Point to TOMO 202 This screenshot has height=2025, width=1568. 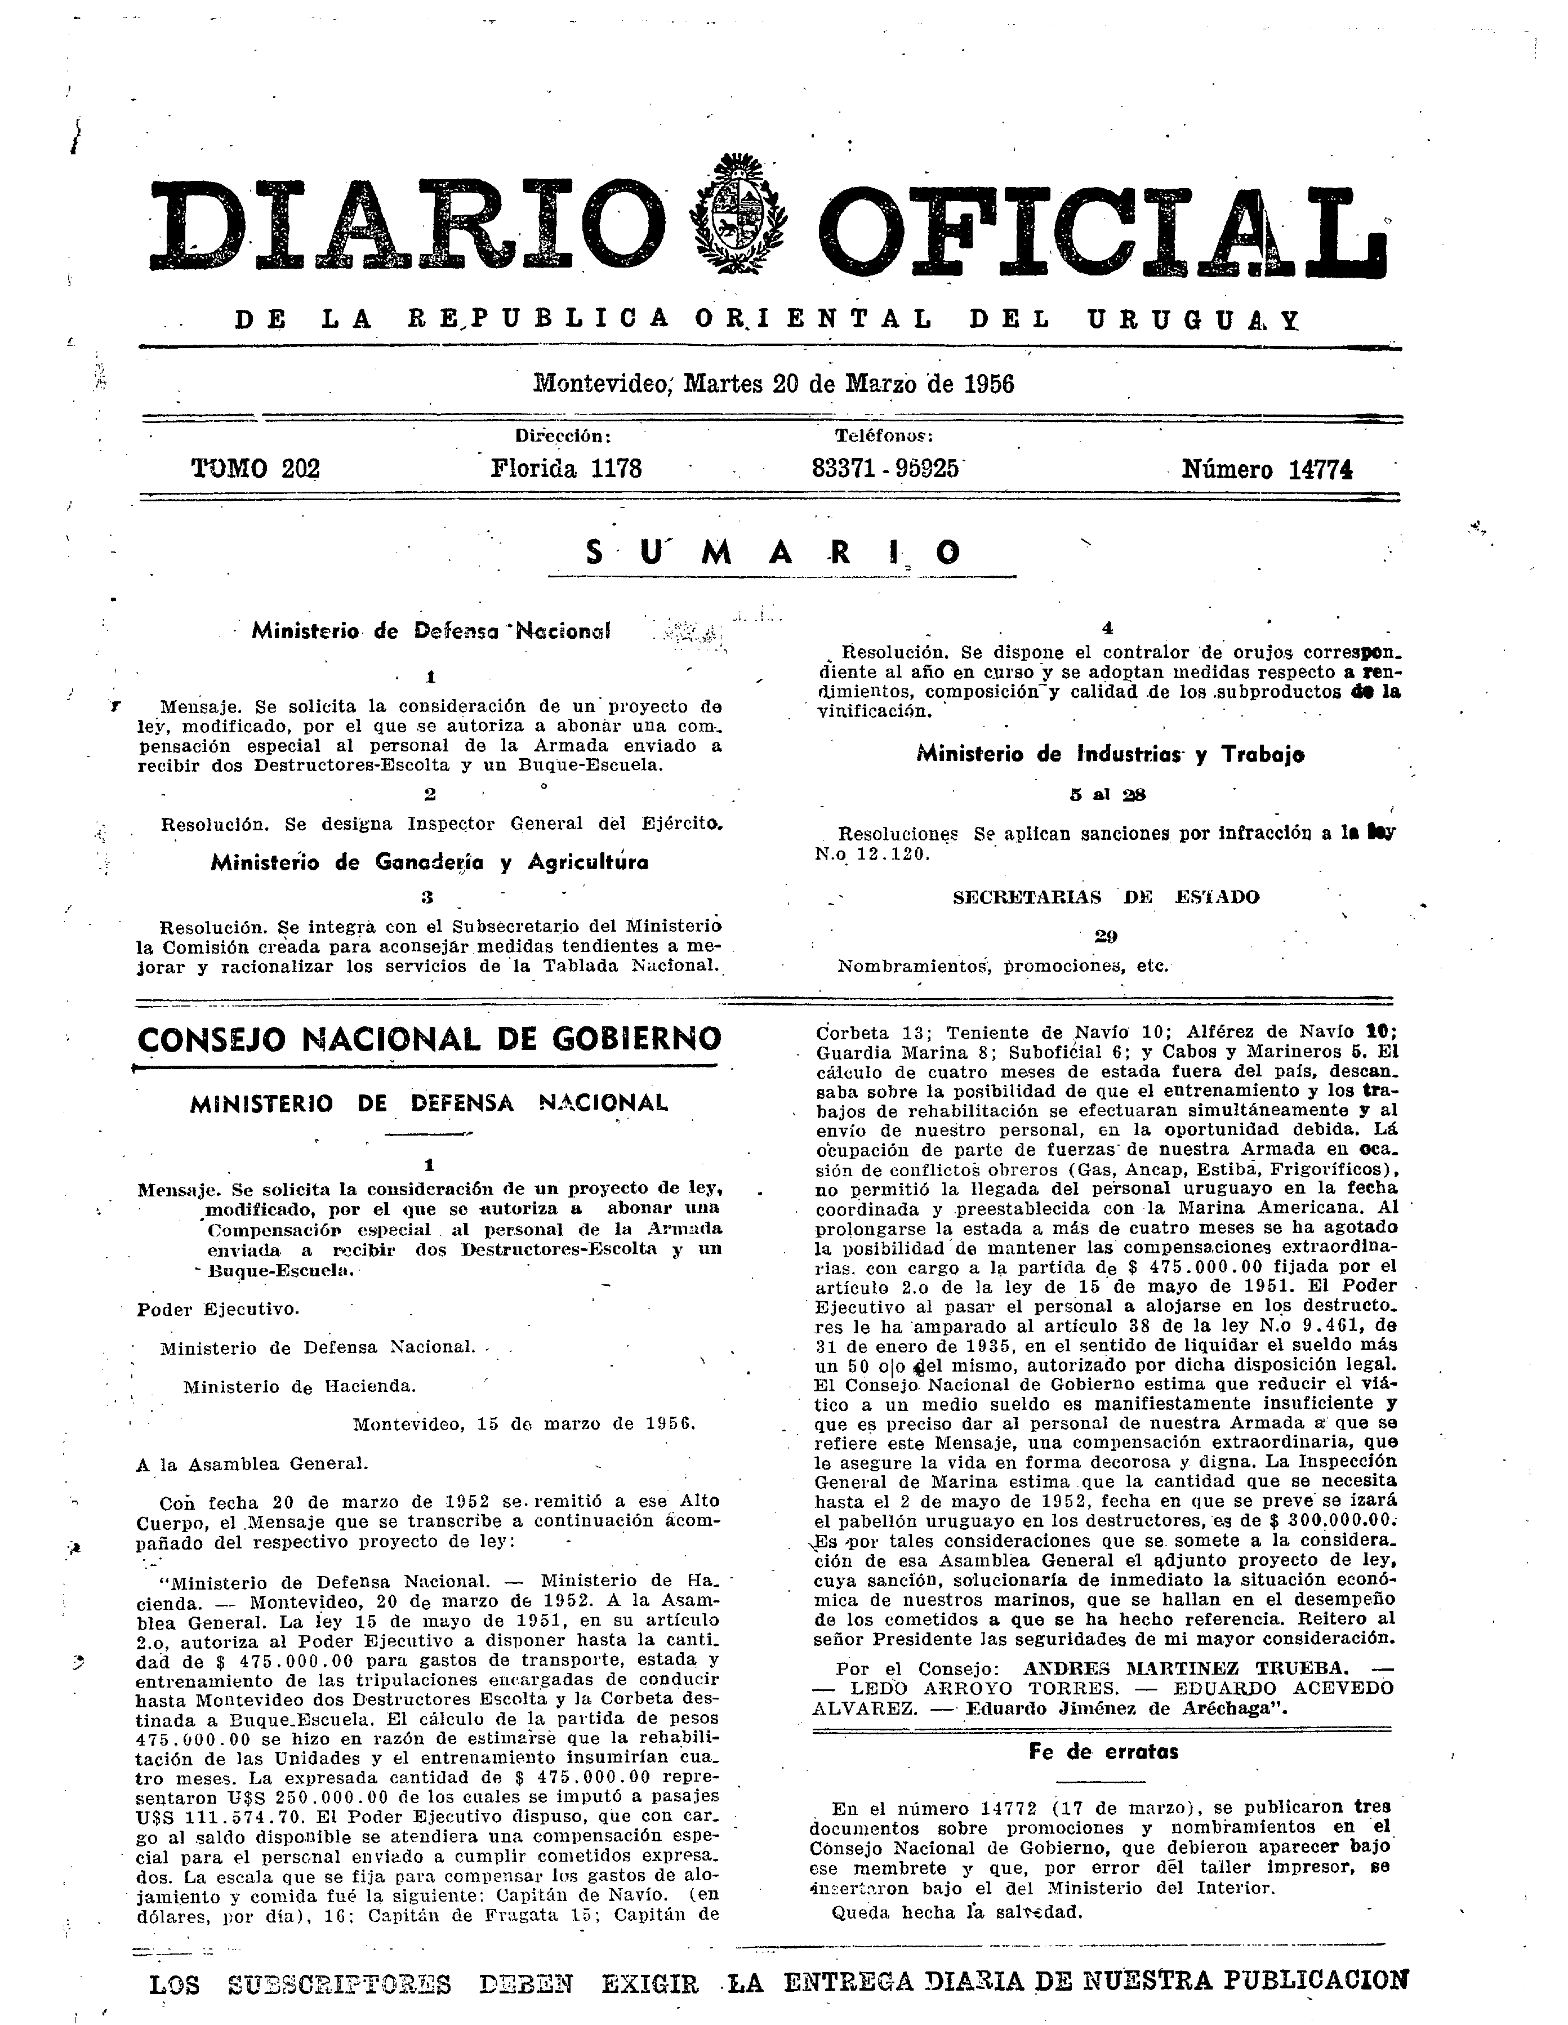coord(255,469)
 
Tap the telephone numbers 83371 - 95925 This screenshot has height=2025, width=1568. coord(885,468)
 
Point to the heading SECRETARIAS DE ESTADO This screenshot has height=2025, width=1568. coord(1106,897)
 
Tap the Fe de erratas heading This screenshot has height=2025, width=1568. coord(1103,1751)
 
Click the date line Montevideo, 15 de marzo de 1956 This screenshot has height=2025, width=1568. coord(524,1423)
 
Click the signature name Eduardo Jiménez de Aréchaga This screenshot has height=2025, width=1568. coord(1117,1709)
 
